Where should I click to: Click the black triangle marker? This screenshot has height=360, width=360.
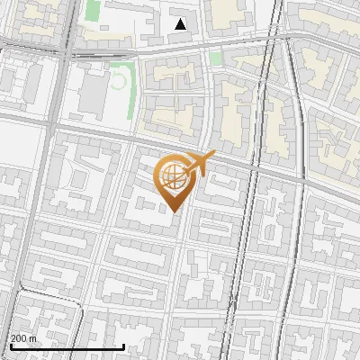[181, 24]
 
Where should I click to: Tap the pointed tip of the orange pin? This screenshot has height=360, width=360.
[174, 211]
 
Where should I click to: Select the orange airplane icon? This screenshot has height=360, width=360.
[198, 165]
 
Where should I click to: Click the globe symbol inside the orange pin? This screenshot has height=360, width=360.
[173, 177]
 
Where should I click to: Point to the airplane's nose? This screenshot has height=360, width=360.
[213, 156]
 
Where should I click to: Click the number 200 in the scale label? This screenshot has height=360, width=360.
[19, 338]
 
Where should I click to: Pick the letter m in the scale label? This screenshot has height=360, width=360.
[33, 338]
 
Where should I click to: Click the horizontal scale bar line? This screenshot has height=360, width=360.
[67, 346]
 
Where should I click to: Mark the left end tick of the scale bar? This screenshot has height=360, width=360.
[10, 345]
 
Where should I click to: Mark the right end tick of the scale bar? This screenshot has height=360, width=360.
[123, 345]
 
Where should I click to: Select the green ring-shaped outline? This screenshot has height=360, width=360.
[117, 80]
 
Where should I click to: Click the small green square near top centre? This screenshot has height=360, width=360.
[215, 58]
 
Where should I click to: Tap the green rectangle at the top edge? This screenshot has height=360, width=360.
[93, 10]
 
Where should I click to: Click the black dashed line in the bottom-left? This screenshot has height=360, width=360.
[36, 294]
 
